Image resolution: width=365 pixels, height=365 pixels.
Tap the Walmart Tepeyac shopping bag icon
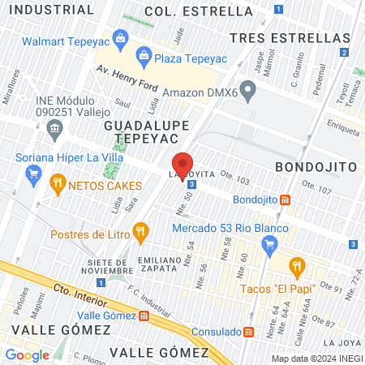coord(120,39)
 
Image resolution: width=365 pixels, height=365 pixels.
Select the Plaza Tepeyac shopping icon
coord(144,55)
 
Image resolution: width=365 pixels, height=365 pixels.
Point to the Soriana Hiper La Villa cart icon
coord(33,173)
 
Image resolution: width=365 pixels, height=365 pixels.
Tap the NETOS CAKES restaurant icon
coord(57,184)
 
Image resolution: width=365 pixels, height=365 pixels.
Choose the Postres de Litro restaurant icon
coord(141,234)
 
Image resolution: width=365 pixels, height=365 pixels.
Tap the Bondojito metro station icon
coord(286,200)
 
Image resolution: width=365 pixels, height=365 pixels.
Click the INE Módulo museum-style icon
coord(54,127)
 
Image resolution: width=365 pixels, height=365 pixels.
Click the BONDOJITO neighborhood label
coord(316,165)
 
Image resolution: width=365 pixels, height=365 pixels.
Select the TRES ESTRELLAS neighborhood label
coord(289,37)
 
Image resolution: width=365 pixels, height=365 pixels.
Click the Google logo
coord(27,354)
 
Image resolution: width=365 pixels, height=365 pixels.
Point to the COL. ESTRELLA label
coord(199,11)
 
